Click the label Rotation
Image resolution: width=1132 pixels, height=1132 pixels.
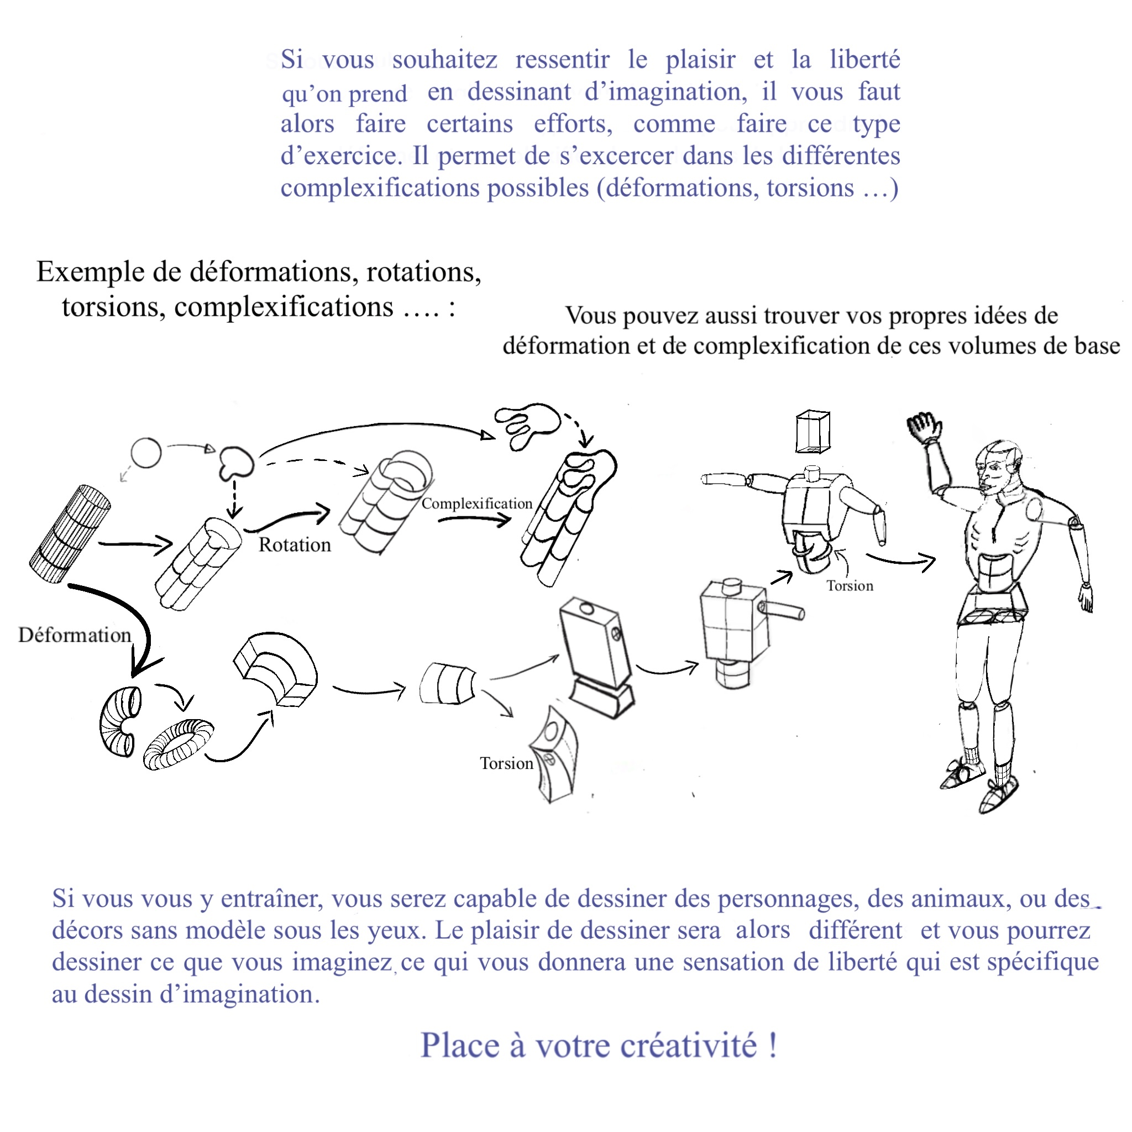[295, 545]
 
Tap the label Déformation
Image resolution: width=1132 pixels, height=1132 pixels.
[75, 635]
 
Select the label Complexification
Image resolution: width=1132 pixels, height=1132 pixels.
[476, 504]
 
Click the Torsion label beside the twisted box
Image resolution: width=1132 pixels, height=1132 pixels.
[506, 763]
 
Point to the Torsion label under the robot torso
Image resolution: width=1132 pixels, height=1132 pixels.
[850, 586]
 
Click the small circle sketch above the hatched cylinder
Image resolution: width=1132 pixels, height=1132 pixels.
[145, 453]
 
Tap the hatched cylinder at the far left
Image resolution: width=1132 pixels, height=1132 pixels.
[69, 534]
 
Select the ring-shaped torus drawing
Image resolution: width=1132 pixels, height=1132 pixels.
[178, 743]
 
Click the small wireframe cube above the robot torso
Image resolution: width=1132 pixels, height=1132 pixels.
[813, 432]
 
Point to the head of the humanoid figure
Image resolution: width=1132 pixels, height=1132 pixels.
[998, 469]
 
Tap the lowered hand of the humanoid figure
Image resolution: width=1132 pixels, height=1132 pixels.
[1086, 598]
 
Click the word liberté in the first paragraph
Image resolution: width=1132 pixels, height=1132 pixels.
[864, 60]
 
